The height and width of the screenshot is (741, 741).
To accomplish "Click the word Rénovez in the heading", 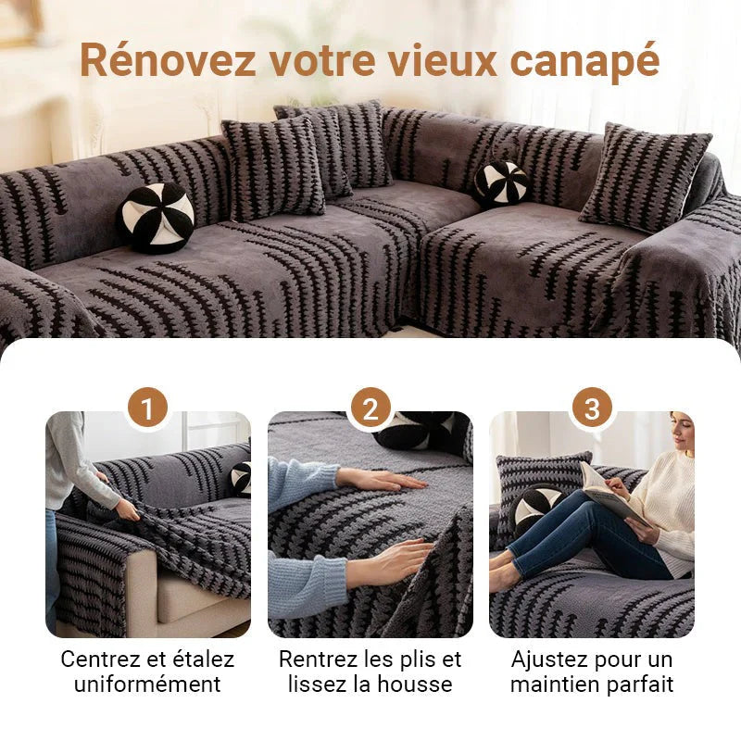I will pos(168,60).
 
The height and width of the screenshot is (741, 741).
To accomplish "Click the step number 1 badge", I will pos(147,408).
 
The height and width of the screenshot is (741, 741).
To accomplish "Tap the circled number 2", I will pos(370,408).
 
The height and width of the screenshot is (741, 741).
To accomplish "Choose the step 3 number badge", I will pos(592,408).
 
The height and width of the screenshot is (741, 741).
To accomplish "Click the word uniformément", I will pos(147,684).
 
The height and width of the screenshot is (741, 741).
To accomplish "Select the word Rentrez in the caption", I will pos(320,659).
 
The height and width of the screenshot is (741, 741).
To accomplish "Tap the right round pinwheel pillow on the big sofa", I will pos(502,183).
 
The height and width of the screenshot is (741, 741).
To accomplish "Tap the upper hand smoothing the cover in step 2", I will pos(383,480).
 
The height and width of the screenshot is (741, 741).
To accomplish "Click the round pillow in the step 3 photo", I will pos(536,509).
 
